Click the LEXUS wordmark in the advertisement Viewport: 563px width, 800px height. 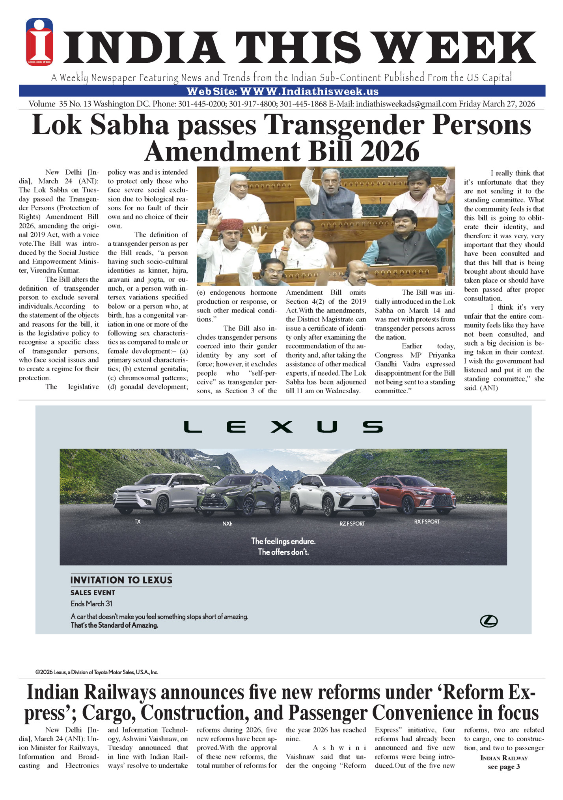coord(283,427)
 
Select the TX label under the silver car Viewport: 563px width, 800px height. coord(138,521)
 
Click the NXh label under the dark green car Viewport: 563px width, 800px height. coord(227,524)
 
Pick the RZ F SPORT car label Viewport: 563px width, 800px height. coord(352,523)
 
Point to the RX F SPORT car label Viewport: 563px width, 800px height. coord(427,521)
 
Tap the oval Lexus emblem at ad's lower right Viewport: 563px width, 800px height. coord(488,621)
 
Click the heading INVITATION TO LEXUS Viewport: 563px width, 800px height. coord(121,580)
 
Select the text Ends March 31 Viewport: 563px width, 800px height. coord(91,604)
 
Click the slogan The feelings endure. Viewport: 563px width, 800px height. coord(283,541)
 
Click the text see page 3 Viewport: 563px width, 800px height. coord(503,767)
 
